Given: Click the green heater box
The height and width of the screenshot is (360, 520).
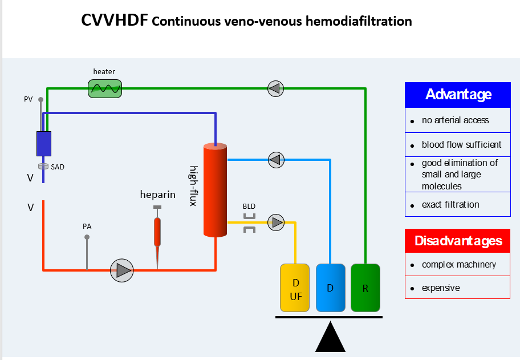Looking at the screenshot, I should pyautogui.click(x=105, y=88).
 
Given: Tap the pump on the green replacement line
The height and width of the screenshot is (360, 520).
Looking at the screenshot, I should pyautogui.click(x=276, y=88).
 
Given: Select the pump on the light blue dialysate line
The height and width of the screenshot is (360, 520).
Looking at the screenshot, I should pyautogui.click(x=276, y=160).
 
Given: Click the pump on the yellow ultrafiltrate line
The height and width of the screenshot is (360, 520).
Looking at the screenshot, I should pyautogui.click(x=277, y=222).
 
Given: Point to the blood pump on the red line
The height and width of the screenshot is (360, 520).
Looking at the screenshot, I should pyautogui.click(x=121, y=270).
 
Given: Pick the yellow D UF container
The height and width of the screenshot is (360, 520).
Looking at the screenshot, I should pyautogui.click(x=295, y=288).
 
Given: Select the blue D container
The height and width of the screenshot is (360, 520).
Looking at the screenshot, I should pyautogui.click(x=330, y=288).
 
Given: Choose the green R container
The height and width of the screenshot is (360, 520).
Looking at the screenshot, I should pyautogui.click(x=365, y=288).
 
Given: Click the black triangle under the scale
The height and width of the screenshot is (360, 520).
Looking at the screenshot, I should pyautogui.click(x=330, y=337).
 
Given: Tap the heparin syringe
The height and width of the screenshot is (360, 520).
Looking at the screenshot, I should pyautogui.click(x=157, y=231).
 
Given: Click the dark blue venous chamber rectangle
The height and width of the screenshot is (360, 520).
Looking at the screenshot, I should pyautogui.click(x=44, y=144).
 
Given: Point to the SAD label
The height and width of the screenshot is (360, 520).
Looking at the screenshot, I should pyautogui.click(x=58, y=167).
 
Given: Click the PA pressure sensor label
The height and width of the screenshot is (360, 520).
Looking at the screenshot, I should pyautogui.click(x=87, y=226).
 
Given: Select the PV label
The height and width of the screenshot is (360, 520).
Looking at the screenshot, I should pyautogui.click(x=29, y=99).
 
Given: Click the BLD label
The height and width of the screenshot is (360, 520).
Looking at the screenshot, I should pyautogui.click(x=249, y=206).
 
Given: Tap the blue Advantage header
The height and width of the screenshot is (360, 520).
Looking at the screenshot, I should pyautogui.click(x=457, y=95).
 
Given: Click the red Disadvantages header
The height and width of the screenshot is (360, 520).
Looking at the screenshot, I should pyautogui.click(x=457, y=241).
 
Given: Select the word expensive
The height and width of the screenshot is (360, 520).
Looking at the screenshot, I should pyautogui.click(x=441, y=288).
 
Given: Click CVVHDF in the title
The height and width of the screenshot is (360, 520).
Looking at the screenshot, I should pyautogui.click(x=114, y=21).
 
